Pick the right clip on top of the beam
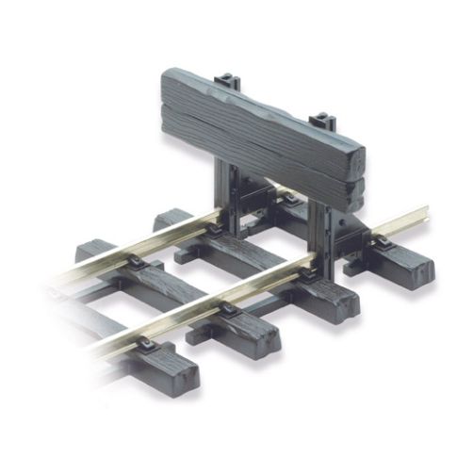(x=323, y=121)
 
